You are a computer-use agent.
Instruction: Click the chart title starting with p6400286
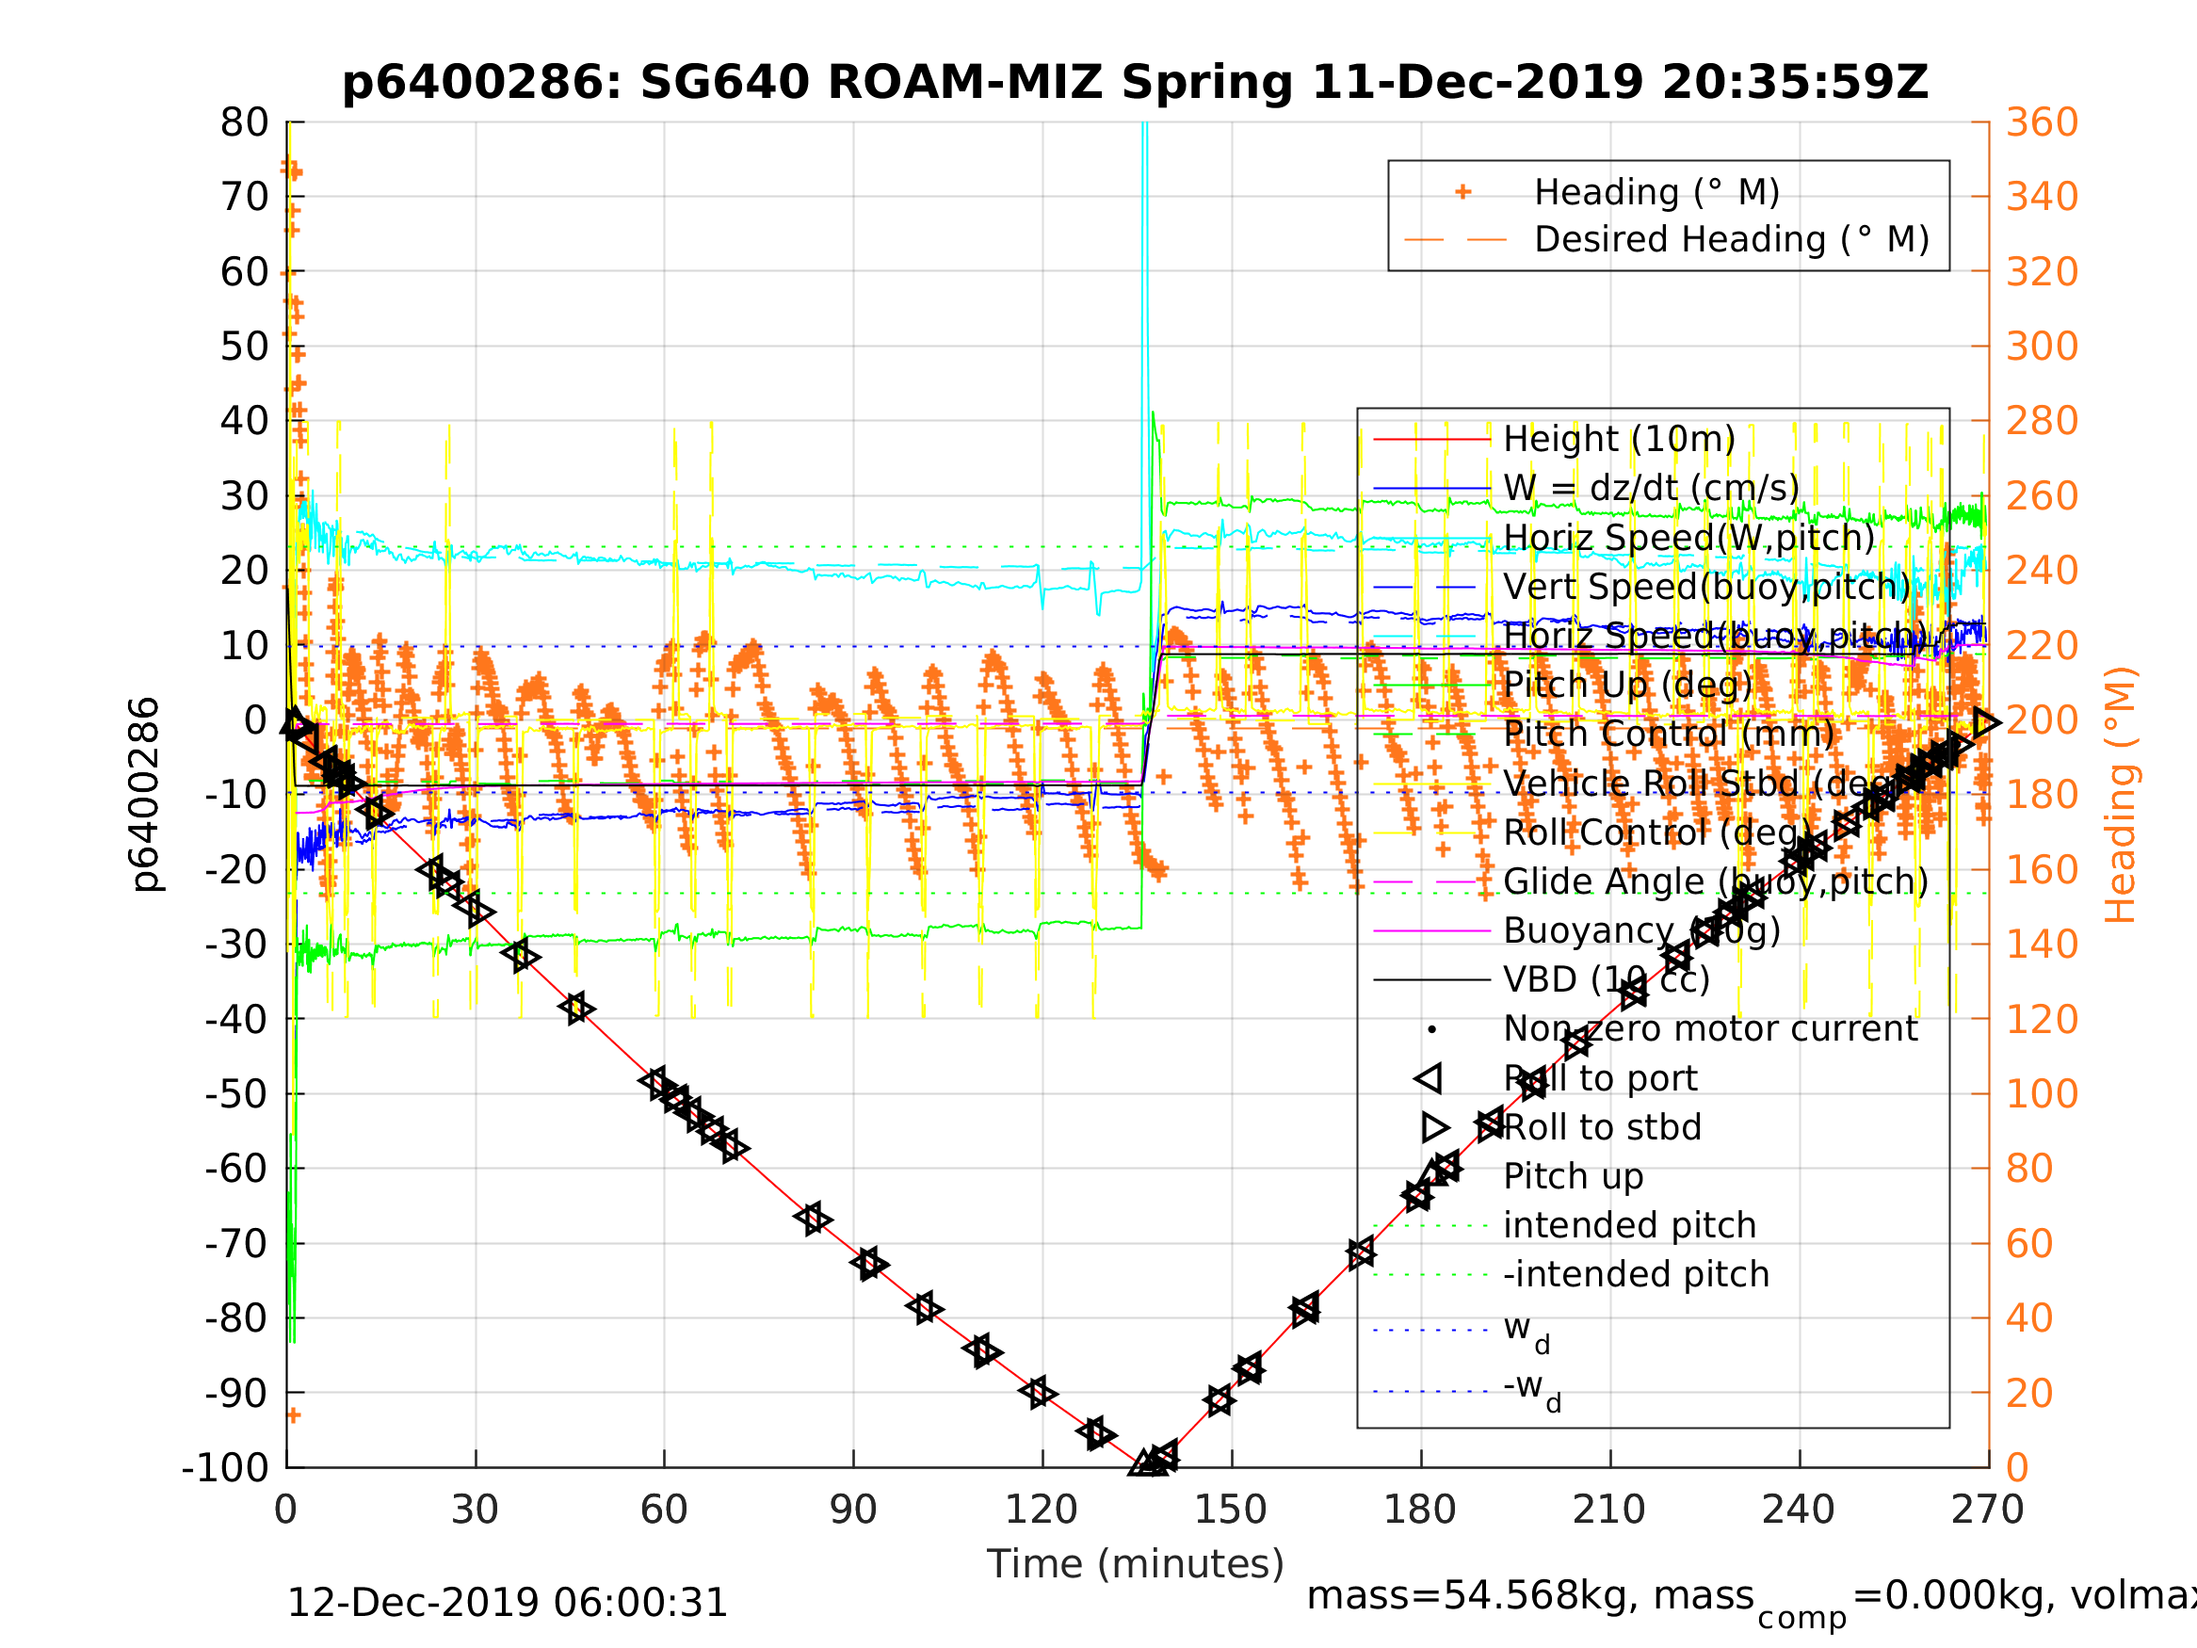point(1134,83)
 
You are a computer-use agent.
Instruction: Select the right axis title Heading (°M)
point(2120,795)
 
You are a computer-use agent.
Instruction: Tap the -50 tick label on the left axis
point(236,1093)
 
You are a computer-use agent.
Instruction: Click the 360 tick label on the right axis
point(2042,122)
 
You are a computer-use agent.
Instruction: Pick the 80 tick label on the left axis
point(244,122)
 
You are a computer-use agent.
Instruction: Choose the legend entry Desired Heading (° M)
point(1731,239)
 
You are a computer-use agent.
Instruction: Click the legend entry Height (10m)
point(1619,438)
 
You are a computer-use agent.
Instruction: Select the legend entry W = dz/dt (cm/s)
point(1651,488)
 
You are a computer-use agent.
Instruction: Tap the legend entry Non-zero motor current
point(1710,1028)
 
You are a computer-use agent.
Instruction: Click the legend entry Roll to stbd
point(1602,1127)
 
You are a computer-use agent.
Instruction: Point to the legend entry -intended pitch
point(1636,1273)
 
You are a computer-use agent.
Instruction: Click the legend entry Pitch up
point(1574,1176)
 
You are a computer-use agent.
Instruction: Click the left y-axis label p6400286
point(146,795)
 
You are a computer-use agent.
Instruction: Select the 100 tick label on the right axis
point(2042,1093)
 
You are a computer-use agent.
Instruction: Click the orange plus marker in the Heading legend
point(1462,192)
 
